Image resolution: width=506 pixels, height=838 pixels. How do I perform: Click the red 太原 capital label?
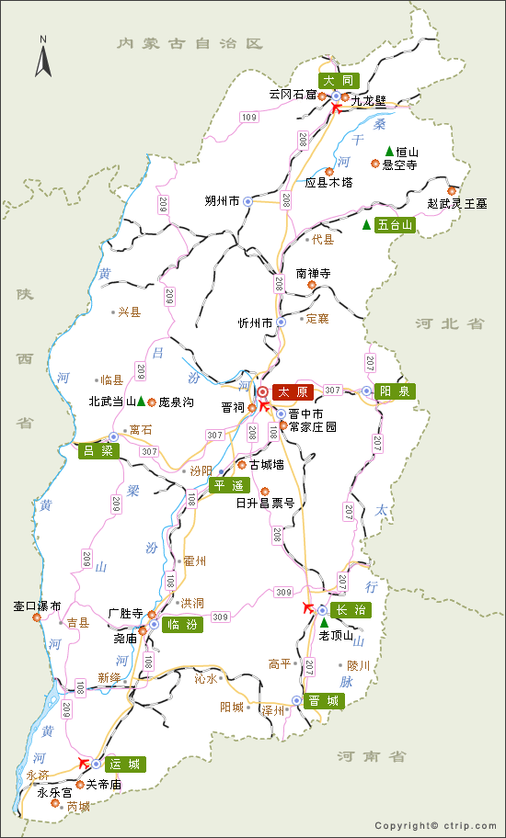[293, 391]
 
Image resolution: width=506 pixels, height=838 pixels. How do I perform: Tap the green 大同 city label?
[338, 81]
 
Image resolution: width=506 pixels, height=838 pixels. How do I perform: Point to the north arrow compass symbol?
[42, 57]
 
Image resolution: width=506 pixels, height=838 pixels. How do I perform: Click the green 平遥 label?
[229, 485]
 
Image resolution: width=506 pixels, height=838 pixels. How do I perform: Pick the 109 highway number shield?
[249, 117]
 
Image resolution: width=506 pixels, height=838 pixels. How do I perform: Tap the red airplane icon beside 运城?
[85, 762]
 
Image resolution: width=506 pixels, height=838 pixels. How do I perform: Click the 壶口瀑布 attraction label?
[37, 606]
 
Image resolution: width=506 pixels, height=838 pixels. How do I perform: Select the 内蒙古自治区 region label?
[190, 43]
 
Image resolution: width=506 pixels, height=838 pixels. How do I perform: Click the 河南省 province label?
[371, 756]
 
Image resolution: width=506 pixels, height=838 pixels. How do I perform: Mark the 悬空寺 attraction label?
[400, 164]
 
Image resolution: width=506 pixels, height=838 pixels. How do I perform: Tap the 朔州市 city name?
[222, 200]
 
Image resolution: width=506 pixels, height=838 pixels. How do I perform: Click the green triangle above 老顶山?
[323, 623]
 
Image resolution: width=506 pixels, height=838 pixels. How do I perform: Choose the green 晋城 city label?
[324, 700]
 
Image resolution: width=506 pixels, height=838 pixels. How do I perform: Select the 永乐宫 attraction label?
[54, 791]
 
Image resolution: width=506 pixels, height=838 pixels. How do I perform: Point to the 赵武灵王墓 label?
[457, 203]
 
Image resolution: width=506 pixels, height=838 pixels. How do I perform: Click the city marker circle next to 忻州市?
[282, 323]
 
